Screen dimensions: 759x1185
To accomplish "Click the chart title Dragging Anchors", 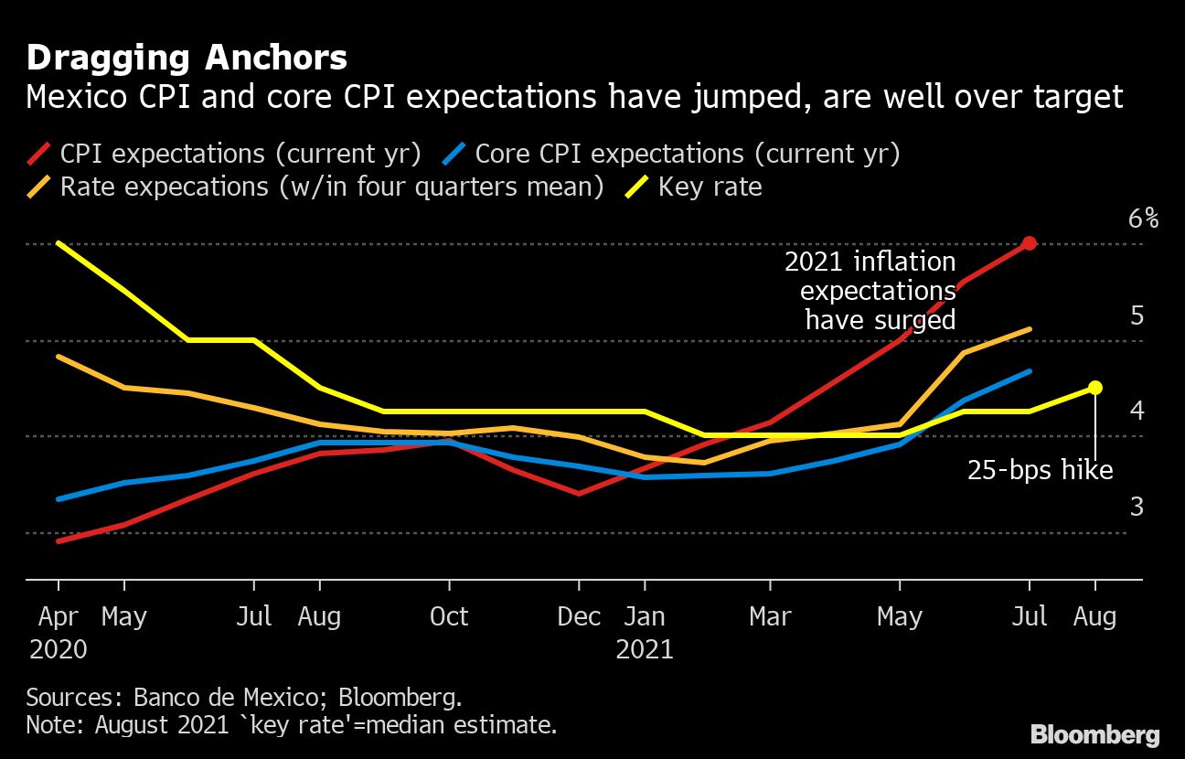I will [187, 59].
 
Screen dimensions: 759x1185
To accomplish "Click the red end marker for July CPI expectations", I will [1030, 243].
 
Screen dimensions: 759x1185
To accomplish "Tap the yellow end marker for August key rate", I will [1094, 388].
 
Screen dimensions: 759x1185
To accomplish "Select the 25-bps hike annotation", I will [1040, 470].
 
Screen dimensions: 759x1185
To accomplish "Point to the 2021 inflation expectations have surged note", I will [870, 291].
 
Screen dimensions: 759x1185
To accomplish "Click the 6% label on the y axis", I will [1143, 219].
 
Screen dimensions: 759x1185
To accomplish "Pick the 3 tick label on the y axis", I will [1137, 507].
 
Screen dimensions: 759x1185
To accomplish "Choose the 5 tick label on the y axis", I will [1137, 315].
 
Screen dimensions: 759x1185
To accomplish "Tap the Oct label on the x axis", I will [449, 616].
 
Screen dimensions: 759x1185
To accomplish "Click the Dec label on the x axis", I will [580, 616].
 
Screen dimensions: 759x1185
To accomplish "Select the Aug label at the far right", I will [1094, 616].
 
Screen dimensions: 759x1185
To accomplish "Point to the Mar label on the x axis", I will [770, 616].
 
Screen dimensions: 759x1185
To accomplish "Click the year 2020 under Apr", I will [59, 649].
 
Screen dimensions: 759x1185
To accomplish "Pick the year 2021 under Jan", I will [645, 649].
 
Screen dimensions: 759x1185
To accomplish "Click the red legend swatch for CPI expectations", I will [39, 154].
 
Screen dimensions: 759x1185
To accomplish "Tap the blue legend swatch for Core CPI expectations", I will [454, 154].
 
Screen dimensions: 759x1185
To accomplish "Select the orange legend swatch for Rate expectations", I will [39, 187].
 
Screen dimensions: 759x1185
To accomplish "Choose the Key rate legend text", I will [710, 187].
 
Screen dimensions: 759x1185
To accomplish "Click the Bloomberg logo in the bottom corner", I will [1094, 734].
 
